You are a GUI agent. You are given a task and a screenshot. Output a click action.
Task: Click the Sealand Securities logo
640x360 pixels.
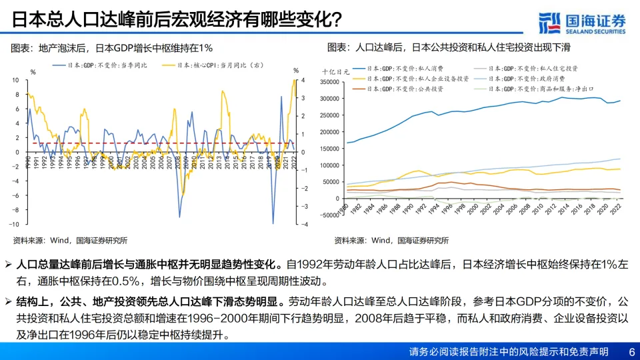click(x=581, y=21)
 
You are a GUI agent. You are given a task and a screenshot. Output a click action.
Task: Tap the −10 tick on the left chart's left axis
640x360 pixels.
click(x=15, y=224)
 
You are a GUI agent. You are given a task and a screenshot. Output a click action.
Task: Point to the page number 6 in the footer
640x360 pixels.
click(x=631, y=351)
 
